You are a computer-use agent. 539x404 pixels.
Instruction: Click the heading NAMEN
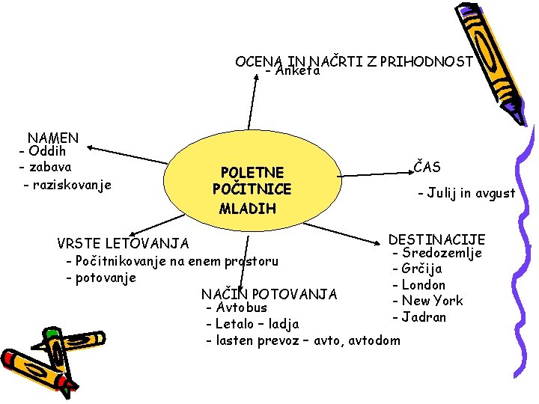click(53, 138)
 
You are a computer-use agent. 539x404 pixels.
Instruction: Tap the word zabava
click(49, 167)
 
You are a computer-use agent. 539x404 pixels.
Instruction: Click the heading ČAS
click(427, 168)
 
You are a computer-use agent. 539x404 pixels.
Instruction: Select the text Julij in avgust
click(471, 193)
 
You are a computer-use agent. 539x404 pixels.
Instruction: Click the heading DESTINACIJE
click(436, 240)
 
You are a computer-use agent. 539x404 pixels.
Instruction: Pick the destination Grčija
click(421, 269)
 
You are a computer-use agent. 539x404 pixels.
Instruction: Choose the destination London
click(423, 285)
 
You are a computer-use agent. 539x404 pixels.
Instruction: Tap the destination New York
click(432, 301)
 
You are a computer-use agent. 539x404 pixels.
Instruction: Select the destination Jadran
click(424, 317)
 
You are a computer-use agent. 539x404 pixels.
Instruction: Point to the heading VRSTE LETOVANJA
click(124, 244)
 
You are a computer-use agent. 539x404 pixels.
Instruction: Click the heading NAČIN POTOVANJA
click(269, 294)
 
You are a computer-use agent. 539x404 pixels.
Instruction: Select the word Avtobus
click(241, 307)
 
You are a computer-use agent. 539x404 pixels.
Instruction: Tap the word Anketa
click(297, 72)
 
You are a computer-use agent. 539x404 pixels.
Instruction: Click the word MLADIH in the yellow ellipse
click(248, 208)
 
